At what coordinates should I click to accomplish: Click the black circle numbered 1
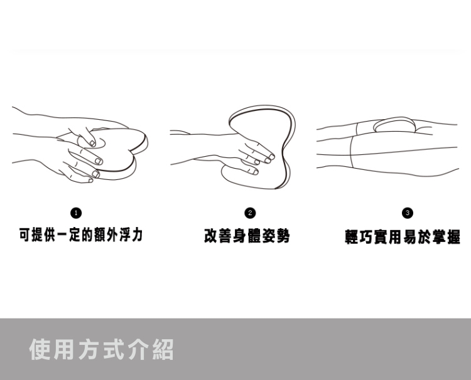[x=76, y=213]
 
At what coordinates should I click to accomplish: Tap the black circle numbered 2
[x=250, y=213]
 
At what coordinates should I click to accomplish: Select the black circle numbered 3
[x=408, y=213]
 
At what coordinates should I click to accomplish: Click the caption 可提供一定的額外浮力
[x=80, y=235]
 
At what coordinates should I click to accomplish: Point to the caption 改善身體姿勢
[x=247, y=236]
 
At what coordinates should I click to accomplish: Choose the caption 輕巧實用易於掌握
[x=403, y=237]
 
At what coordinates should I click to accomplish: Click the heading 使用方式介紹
[x=102, y=349]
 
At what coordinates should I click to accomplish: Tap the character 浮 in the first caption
[x=124, y=235]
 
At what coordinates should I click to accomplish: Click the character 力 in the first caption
[x=137, y=235]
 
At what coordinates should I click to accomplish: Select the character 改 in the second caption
[x=211, y=236]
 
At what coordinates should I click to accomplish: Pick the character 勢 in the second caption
[x=283, y=236]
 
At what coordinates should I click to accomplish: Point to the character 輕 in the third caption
[x=352, y=237]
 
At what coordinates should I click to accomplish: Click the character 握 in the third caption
[x=453, y=237]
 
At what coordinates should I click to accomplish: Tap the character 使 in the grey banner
[x=40, y=349]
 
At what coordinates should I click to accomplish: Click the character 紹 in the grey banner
[x=163, y=349]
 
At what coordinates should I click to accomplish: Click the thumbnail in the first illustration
[x=92, y=143]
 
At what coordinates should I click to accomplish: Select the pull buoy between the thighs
[x=394, y=125]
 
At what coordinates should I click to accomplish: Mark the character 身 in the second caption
[x=240, y=236]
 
